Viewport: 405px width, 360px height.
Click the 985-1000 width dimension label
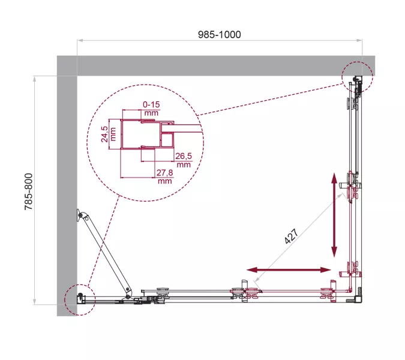(220, 34)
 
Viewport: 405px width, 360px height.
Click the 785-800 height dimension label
(27, 190)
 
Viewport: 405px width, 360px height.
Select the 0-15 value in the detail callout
(151, 104)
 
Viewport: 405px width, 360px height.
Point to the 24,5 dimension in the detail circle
(104, 133)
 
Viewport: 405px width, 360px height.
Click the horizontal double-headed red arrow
(289, 270)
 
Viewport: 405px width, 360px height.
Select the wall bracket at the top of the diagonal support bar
(81, 216)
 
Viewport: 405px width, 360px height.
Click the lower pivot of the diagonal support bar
(127, 292)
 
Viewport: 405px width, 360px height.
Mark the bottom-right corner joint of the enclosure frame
(359, 298)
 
